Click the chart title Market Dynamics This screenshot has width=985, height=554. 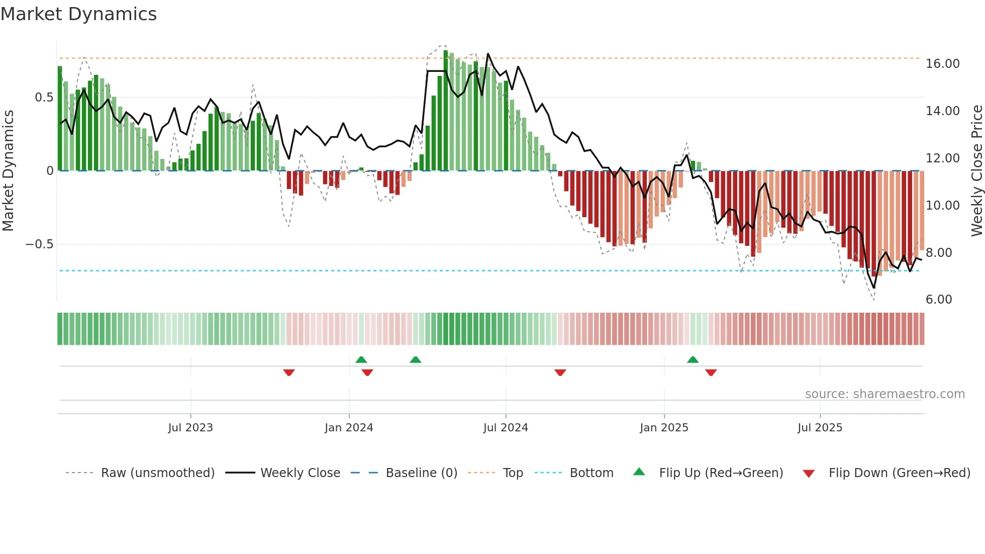[x=78, y=14]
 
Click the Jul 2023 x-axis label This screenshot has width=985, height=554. [x=190, y=428]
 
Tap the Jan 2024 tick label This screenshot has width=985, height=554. [x=349, y=428]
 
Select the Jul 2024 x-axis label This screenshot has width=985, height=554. [x=506, y=428]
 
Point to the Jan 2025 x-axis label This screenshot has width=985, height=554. [x=664, y=428]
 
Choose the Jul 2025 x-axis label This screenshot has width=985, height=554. [x=820, y=428]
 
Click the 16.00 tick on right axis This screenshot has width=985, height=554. [x=942, y=64]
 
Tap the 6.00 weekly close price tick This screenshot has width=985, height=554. [x=939, y=300]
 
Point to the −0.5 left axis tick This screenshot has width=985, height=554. [x=39, y=244]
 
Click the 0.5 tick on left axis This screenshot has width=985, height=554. [x=44, y=98]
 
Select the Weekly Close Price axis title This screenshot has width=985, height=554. [x=976, y=170]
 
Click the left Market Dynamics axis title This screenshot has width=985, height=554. [x=8, y=170]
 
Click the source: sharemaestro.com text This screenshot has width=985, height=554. [x=884, y=394]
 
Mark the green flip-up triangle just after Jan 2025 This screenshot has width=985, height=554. [x=693, y=359]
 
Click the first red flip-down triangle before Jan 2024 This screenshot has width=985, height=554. [x=289, y=373]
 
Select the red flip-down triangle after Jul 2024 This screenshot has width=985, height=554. [x=560, y=373]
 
